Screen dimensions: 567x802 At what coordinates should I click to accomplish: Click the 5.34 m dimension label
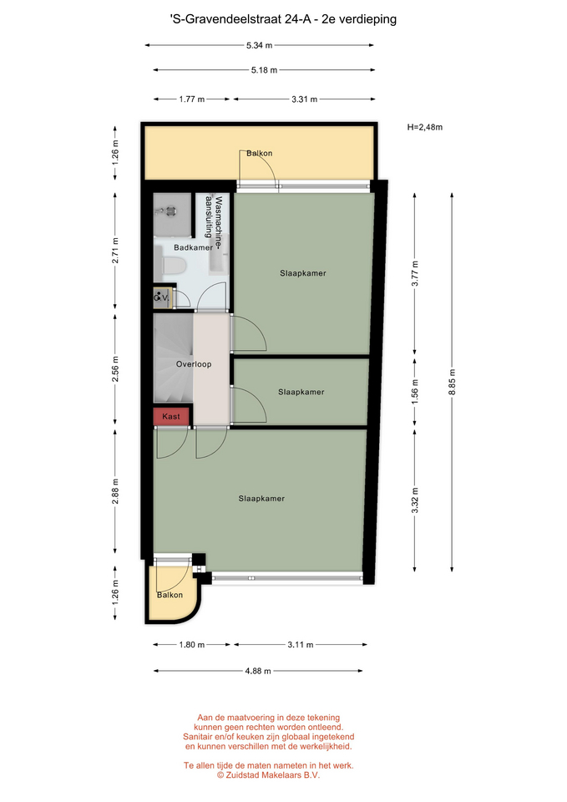(x=259, y=45)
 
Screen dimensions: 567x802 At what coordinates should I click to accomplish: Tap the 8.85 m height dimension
(x=452, y=382)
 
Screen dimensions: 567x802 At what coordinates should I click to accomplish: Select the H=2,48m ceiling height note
(x=425, y=127)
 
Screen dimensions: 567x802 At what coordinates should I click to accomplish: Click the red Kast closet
(x=171, y=416)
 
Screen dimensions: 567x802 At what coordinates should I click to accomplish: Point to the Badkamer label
(x=193, y=247)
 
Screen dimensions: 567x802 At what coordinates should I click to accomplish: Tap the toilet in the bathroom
(x=172, y=266)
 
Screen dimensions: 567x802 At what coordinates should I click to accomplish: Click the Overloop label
(x=194, y=364)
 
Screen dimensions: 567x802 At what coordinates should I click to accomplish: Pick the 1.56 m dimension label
(x=415, y=393)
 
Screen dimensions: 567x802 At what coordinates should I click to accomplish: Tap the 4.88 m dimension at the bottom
(x=258, y=671)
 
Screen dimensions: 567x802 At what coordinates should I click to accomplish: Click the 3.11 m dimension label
(x=300, y=644)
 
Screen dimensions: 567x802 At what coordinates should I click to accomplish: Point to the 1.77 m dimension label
(x=192, y=99)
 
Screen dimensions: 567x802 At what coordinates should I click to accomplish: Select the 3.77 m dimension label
(x=415, y=274)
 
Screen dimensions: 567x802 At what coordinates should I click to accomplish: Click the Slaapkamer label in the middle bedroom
(x=301, y=393)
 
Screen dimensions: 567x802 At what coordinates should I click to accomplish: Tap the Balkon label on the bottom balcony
(x=170, y=595)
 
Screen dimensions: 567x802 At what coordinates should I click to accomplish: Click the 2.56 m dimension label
(x=115, y=368)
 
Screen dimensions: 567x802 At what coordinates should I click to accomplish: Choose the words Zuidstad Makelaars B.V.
(x=272, y=775)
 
